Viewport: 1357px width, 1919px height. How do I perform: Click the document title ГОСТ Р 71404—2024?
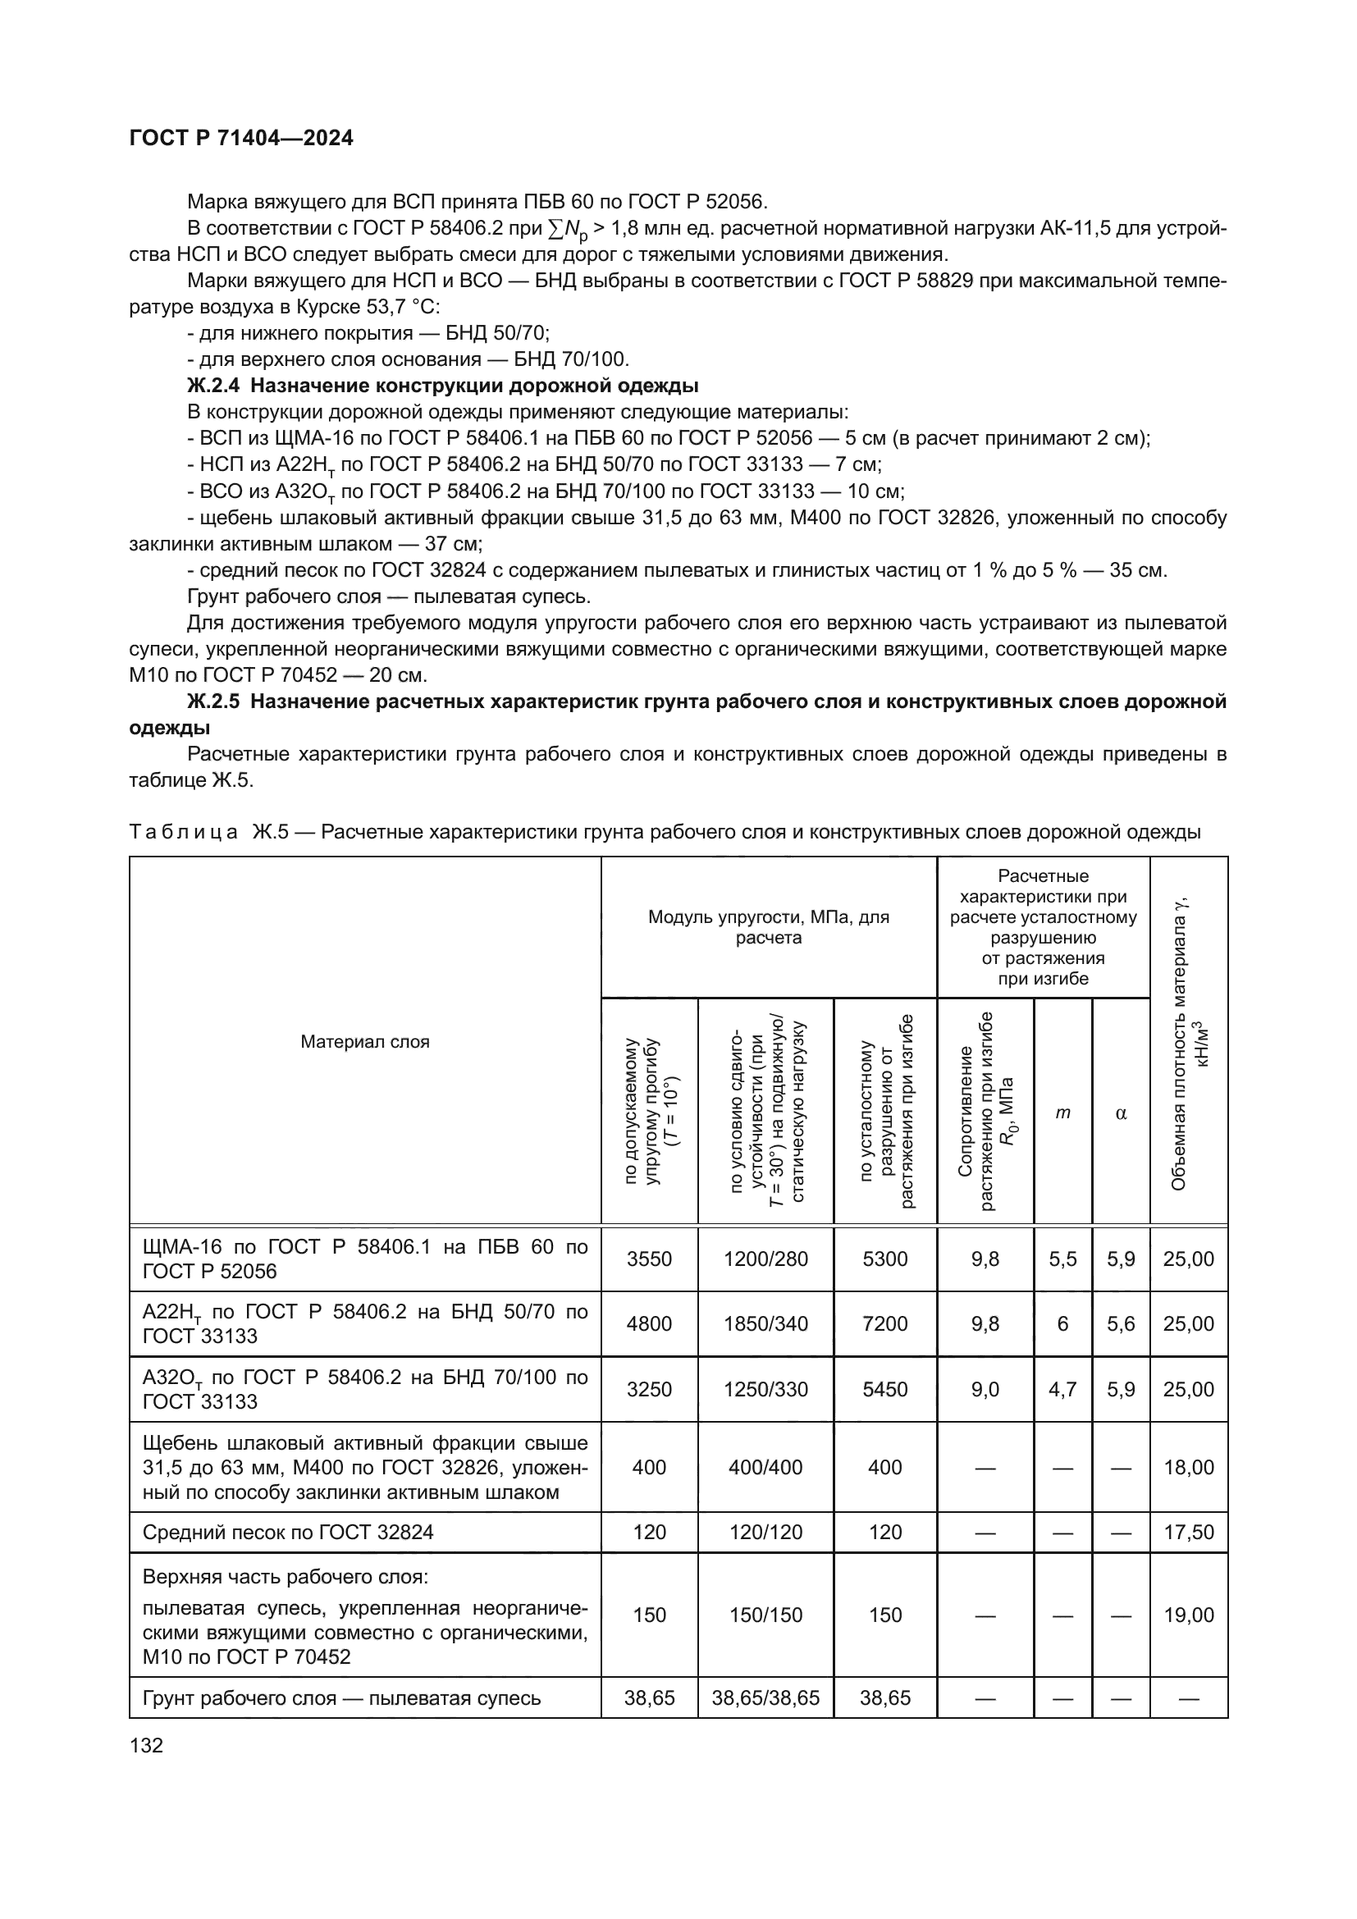pos(241,138)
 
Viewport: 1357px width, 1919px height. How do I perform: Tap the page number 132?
pos(146,1744)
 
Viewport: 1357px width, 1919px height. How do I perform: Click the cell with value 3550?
pos(648,1259)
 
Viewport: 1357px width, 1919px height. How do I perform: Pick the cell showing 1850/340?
pos(765,1323)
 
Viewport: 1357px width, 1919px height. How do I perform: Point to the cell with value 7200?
pos(884,1323)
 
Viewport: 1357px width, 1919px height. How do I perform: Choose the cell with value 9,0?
pos(985,1388)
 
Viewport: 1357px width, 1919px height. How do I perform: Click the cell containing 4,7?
pos(1062,1388)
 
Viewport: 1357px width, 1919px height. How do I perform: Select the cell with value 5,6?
pos(1121,1323)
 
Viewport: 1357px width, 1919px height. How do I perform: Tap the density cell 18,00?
pos(1188,1467)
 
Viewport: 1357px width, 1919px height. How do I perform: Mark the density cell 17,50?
pos(1188,1532)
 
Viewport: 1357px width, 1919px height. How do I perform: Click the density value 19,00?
pos(1188,1615)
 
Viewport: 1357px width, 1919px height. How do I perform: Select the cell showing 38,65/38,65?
pos(765,1697)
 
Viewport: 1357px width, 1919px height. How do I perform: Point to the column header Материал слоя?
pos(364,1041)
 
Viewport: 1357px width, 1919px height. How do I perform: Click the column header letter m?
pos(1062,1113)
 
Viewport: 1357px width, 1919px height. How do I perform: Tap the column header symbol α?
pos(1121,1113)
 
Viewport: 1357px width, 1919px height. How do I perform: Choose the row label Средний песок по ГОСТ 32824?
pos(287,1532)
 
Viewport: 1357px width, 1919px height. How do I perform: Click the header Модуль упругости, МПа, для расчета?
pos(768,927)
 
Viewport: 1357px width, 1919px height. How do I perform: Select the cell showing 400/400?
pos(765,1467)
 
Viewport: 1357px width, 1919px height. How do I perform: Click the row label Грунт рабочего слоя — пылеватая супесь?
pos(341,1697)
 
